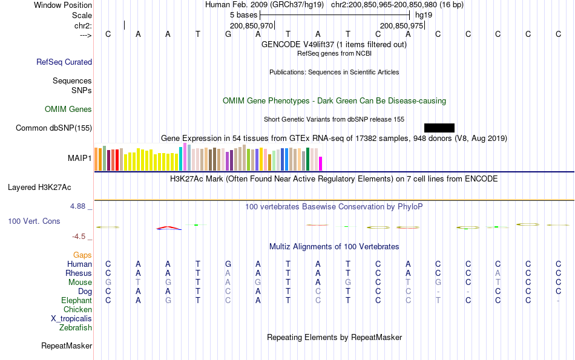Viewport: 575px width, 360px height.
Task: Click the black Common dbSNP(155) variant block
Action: pos(439,128)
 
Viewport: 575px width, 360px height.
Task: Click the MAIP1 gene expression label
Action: pos(80,159)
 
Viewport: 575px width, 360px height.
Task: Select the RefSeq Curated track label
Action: pos(64,62)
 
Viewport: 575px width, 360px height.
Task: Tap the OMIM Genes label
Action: pos(68,110)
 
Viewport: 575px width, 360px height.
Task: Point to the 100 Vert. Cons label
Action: pos(34,221)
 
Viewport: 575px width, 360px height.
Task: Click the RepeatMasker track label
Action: pos(67,346)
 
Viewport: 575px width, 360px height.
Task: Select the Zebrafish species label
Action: pos(76,328)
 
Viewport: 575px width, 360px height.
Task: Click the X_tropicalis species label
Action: pos(71,319)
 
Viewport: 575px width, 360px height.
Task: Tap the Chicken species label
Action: pos(77,310)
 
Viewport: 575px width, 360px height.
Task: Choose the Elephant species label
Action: pos(76,301)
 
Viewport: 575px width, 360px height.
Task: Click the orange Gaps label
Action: pos(82,255)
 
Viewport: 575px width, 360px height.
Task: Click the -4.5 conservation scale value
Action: pos(79,237)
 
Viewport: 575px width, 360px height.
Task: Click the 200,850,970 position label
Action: pos(252,26)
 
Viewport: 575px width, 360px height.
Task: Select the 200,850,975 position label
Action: pos(401,26)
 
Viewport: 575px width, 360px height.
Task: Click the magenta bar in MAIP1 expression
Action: pos(321,164)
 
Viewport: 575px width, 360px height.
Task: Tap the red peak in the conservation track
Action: pos(168,227)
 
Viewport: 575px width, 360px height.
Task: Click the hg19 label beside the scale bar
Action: pos(424,15)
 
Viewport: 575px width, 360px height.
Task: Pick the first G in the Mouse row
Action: pos(108,283)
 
